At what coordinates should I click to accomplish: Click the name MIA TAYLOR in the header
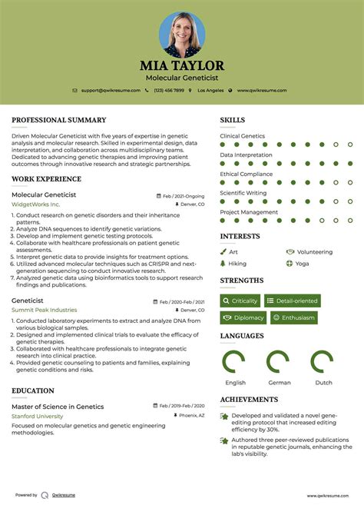pos(181,65)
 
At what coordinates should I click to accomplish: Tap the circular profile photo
pos(181,35)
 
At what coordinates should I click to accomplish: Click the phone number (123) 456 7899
pos(168,91)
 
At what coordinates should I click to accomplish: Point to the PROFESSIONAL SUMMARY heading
pos(58,121)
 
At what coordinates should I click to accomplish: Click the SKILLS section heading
pos(233,121)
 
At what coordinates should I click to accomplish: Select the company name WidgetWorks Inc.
pos(35,204)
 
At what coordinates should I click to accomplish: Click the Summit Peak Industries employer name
pos(44,310)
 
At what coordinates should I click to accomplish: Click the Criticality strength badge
pos(240,301)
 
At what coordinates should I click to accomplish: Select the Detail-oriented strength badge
pos(293,301)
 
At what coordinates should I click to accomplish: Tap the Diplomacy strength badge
pos(243,317)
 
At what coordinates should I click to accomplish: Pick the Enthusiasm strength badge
pos(293,317)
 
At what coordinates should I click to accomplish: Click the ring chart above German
pos(279,362)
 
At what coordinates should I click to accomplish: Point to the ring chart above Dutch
pos(323,362)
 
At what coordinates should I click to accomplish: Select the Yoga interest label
pos(302,263)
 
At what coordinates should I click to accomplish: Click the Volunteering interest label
pos(314,251)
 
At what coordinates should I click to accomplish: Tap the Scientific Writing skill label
pos(243,193)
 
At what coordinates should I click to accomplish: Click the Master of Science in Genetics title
pos(58,407)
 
